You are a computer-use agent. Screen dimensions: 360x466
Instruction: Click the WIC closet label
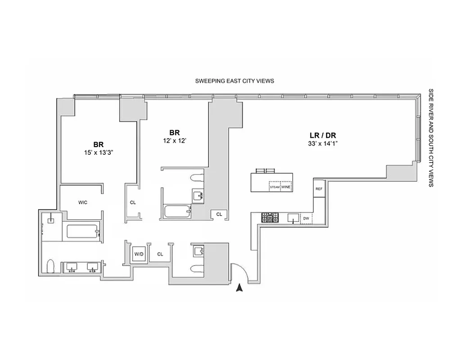pyautogui.click(x=82, y=202)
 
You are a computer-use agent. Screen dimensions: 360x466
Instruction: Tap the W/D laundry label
pyautogui.click(x=139, y=254)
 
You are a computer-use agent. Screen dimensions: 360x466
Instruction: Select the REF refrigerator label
pyautogui.click(x=319, y=189)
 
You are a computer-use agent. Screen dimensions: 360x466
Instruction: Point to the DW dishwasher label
pyautogui.click(x=306, y=219)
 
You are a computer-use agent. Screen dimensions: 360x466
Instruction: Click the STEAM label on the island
pyautogui.click(x=275, y=187)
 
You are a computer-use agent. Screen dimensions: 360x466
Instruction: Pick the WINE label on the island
pyautogui.click(x=286, y=187)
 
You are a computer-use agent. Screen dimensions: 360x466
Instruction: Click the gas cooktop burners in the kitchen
pyautogui.click(x=270, y=218)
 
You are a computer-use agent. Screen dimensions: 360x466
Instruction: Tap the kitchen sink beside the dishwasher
pyautogui.click(x=292, y=219)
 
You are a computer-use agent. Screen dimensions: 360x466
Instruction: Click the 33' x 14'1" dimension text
pyautogui.click(x=321, y=144)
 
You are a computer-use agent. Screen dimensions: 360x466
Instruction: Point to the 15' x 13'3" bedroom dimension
pyautogui.click(x=98, y=152)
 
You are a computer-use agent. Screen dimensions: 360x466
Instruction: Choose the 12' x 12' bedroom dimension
pyautogui.click(x=174, y=140)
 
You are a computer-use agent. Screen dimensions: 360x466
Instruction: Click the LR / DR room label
pyautogui.click(x=321, y=135)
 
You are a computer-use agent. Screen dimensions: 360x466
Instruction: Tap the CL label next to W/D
pyautogui.click(x=160, y=254)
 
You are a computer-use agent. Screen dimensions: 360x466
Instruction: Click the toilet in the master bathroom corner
pyautogui.click(x=50, y=266)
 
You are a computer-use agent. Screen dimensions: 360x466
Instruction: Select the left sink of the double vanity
pyautogui.click(x=72, y=267)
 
